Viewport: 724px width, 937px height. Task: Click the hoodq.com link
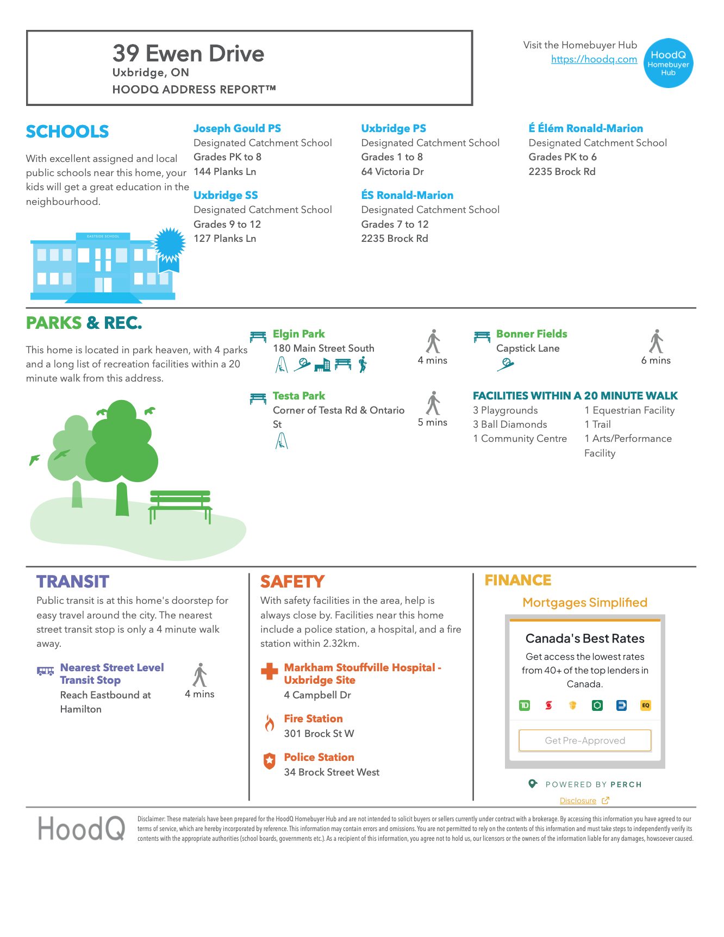coord(594,59)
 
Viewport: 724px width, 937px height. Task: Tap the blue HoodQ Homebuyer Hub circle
coord(668,63)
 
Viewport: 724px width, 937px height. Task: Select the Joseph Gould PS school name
coord(237,128)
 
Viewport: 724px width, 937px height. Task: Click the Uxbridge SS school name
coord(226,195)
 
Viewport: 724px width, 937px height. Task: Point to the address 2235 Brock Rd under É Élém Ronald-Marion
coord(562,172)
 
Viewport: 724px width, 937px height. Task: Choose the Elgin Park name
coord(298,334)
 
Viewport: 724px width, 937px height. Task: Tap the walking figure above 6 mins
coord(656,341)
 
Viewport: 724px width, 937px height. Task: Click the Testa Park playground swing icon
coord(282,441)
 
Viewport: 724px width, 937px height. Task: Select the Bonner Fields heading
coord(531,334)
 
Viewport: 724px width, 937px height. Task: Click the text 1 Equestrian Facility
coord(629,410)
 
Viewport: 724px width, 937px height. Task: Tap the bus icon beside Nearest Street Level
coord(45,671)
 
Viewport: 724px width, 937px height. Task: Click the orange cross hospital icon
coord(269,671)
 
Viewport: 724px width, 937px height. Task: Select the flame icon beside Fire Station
coord(269,723)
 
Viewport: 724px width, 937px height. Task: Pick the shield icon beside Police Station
coord(269,761)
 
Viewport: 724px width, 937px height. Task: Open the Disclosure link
coord(578,801)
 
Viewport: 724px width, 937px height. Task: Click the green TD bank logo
coord(524,705)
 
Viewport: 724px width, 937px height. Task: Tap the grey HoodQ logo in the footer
coord(81,829)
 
